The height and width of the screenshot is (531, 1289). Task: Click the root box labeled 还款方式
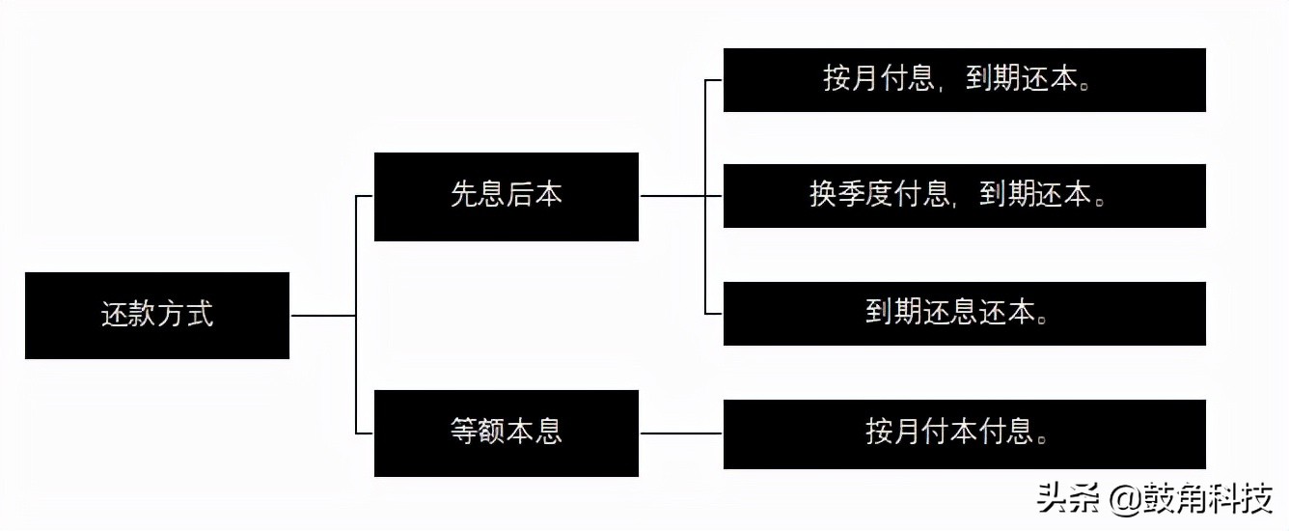(157, 315)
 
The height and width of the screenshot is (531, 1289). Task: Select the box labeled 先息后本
(506, 196)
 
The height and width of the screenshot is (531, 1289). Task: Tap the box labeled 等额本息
(506, 433)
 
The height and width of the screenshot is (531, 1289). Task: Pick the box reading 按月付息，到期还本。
(964, 80)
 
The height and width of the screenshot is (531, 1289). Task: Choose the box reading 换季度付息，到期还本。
(964, 196)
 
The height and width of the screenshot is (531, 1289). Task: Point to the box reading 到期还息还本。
(964, 314)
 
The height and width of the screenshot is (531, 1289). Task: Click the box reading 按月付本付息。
(964, 432)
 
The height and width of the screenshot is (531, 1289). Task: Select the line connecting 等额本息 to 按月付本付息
(680, 433)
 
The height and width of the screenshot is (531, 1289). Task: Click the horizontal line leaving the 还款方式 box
(322, 316)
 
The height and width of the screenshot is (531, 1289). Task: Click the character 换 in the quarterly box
(823, 196)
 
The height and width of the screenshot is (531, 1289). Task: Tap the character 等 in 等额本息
(464, 432)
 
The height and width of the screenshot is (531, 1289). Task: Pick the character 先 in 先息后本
(464, 196)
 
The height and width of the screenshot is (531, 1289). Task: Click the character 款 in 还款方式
(143, 315)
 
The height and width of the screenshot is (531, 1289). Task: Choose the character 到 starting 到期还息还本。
(879, 314)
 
